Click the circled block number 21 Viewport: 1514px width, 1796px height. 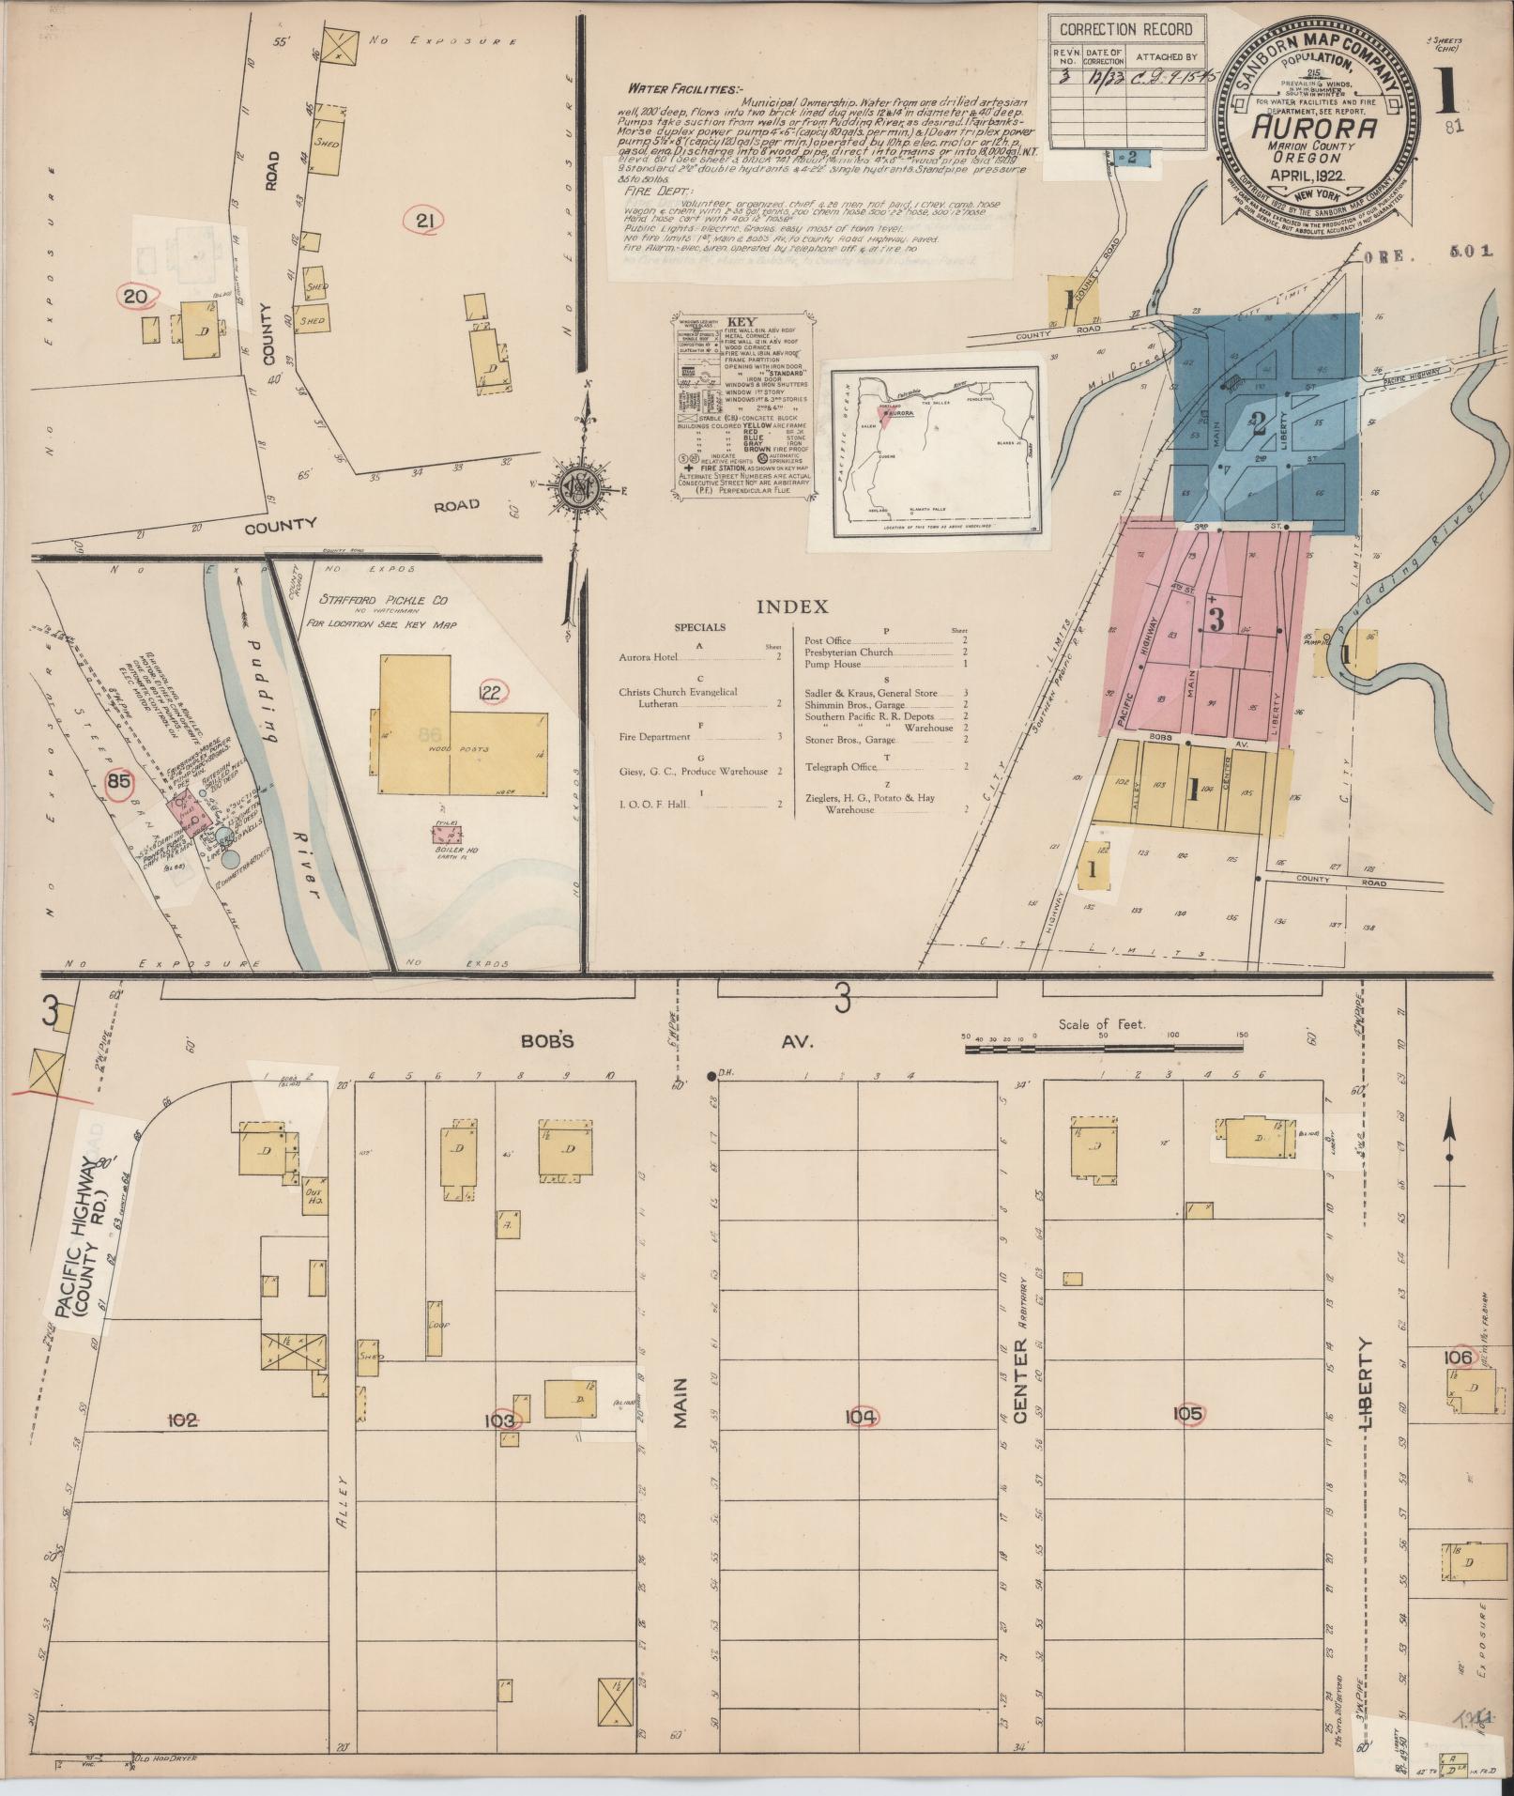[x=423, y=222]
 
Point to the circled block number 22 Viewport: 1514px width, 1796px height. [x=493, y=693]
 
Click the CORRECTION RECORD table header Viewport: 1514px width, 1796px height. [x=1125, y=30]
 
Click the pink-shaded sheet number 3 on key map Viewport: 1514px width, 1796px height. [x=1216, y=620]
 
